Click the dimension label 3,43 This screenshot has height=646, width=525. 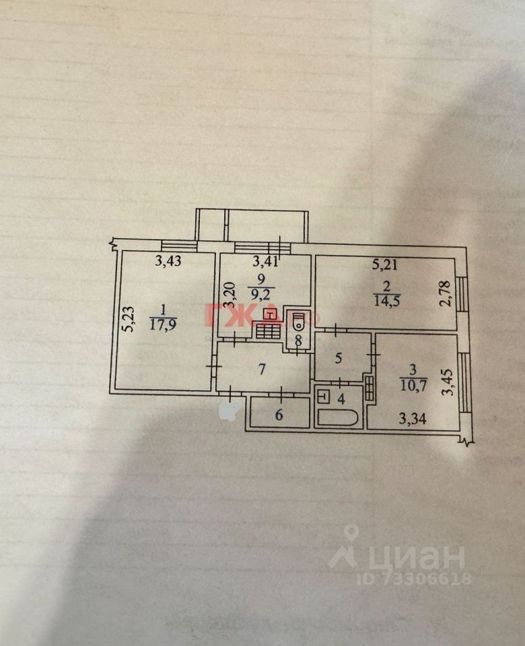coord(169,262)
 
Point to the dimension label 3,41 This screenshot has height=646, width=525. coord(265,262)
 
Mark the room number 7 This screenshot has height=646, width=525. coord(263,369)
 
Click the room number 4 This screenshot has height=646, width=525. coord(341,398)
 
